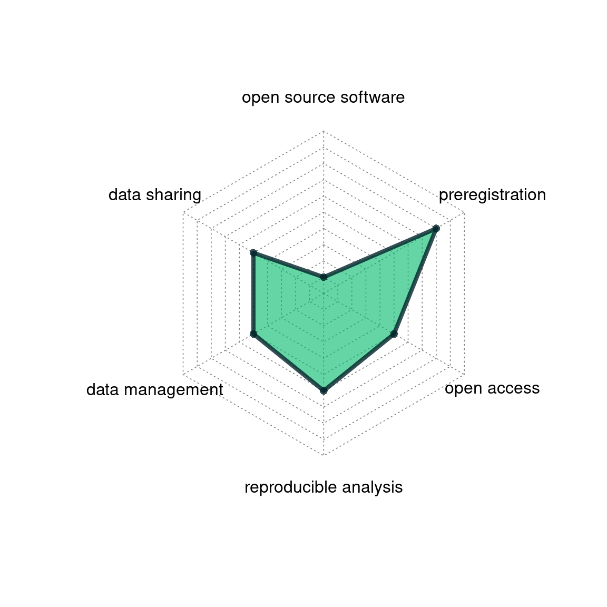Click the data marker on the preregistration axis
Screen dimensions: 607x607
(436, 228)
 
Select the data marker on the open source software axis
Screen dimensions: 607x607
(324, 277)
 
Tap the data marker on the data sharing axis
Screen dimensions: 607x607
(253, 253)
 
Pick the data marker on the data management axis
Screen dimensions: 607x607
(253, 334)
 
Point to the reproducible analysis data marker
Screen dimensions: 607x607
(324, 390)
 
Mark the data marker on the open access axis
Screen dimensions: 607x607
(394, 334)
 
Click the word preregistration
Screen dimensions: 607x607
(492, 195)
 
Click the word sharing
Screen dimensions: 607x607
(174, 195)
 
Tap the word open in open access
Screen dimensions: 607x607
(461, 389)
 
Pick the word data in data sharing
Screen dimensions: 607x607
(124, 195)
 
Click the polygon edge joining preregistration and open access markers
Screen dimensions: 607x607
(415, 281)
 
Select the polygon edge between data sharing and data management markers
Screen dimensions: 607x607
(253, 293)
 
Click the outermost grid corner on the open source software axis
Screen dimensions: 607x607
(324, 131)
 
